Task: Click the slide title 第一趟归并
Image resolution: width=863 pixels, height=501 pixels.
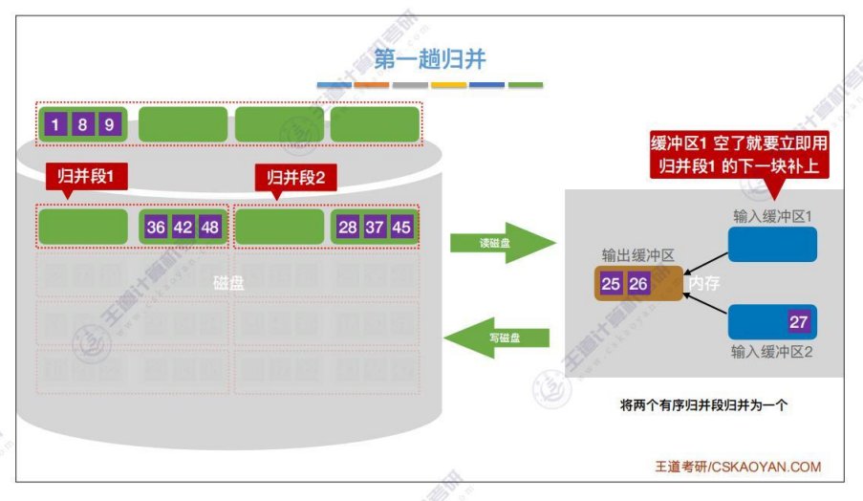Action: (x=430, y=59)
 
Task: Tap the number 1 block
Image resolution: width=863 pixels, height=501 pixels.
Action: (x=56, y=125)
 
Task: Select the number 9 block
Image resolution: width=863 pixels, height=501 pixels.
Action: (x=110, y=125)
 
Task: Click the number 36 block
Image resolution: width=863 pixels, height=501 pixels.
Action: (x=156, y=228)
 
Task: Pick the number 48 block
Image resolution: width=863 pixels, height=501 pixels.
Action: (x=210, y=228)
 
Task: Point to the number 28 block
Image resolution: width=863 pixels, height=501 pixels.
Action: (x=348, y=228)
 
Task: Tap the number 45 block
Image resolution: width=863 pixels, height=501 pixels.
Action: (x=401, y=228)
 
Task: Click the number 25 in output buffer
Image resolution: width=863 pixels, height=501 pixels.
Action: (x=611, y=283)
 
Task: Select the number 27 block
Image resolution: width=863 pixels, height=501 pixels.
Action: (x=799, y=322)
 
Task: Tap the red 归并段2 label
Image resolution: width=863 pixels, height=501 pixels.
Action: (x=296, y=176)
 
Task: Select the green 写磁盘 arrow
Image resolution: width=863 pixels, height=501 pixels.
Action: (x=497, y=337)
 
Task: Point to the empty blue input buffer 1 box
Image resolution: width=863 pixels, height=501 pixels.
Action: (x=772, y=244)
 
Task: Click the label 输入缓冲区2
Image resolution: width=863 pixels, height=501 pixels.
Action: (x=771, y=352)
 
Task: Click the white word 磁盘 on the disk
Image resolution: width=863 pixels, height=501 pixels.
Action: (x=229, y=283)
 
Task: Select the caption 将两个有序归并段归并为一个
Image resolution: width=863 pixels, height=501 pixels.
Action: (x=703, y=405)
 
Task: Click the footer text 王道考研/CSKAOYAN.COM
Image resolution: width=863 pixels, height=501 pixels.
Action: (x=738, y=467)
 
